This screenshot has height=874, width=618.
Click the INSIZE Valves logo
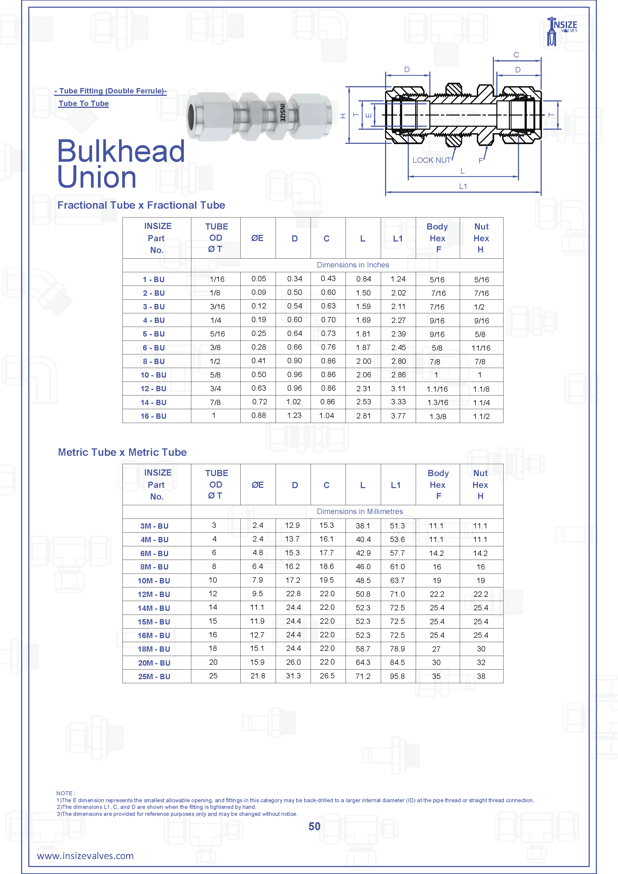(562, 30)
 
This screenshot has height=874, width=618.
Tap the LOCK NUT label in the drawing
(431, 160)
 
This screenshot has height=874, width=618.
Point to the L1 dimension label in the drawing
(463, 187)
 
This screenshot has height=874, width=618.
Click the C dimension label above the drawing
(516, 55)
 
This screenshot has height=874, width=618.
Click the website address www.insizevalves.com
(85, 856)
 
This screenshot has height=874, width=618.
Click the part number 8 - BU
(154, 361)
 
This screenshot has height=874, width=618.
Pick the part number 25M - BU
(154, 677)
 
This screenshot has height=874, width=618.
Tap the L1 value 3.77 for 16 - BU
(398, 416)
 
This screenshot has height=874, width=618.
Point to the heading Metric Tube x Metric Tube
(122, 452)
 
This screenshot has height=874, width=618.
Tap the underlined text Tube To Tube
(84, 104)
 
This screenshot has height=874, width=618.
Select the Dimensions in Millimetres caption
(360, 511)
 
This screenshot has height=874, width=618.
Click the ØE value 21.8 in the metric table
(257, 676)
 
